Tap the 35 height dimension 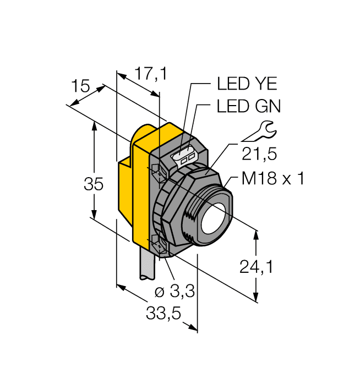point(94,184)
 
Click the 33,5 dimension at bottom point(163,313)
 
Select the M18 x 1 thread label point(272,179)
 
